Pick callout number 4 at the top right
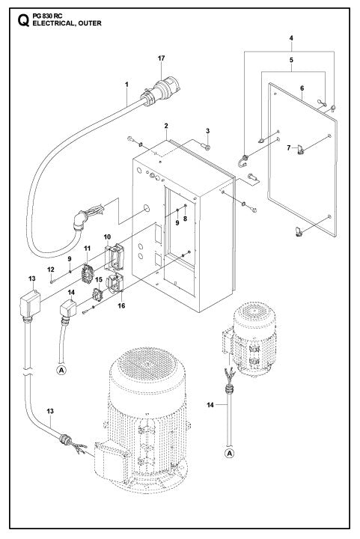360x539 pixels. pyautogui.click(x=291, y=37)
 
